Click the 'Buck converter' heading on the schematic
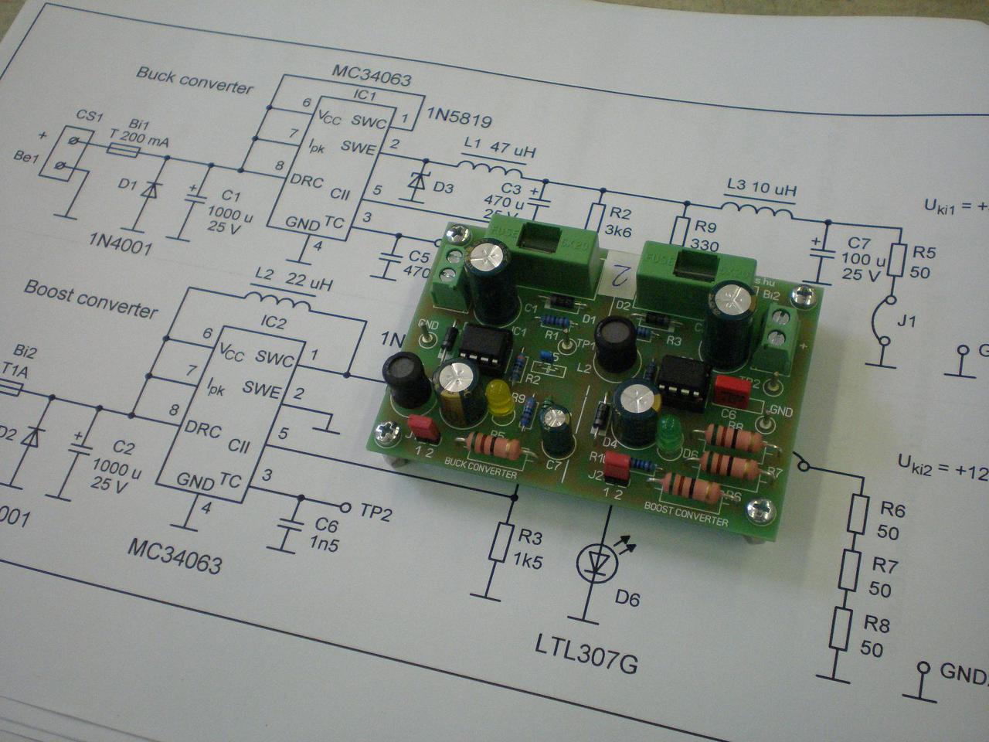click(194, 80)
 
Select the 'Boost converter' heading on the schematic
click(90, 298)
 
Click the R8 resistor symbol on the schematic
click(841, 629)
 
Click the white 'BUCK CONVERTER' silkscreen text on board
click(481, 467)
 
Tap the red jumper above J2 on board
click(617, 466)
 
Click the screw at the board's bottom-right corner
click(756, 509)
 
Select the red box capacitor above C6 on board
click(732, 391)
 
